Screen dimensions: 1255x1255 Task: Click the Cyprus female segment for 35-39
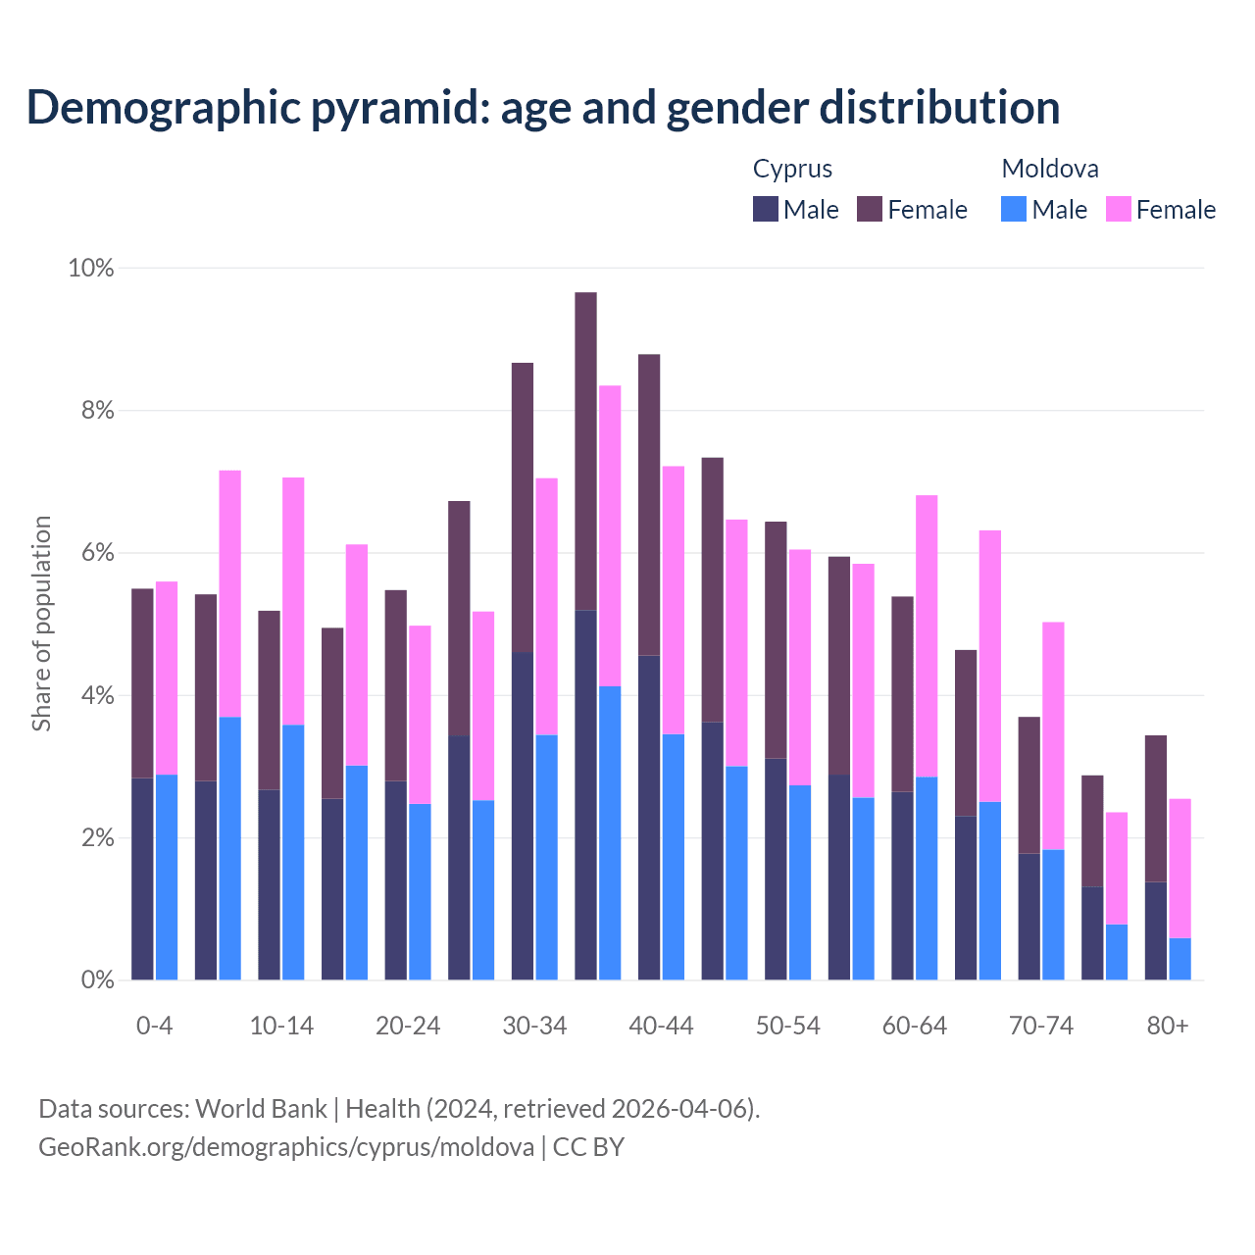585,451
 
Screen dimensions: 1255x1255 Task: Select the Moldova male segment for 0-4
167,878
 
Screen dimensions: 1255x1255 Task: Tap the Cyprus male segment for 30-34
523,816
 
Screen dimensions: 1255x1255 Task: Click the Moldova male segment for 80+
1180,959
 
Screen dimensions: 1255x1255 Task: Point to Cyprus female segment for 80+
1156,809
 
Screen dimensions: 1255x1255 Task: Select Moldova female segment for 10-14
293,601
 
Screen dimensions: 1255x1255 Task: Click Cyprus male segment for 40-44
649,818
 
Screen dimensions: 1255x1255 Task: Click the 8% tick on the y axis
91,411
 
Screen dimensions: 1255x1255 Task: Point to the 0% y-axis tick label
91,980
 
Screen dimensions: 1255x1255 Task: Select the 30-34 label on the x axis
534,1026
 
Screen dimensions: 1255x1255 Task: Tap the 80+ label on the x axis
1168,1026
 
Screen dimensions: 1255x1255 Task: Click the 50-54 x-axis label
788,1026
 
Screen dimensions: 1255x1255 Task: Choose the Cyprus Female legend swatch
870,209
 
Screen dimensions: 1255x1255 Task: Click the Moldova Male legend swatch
1014,209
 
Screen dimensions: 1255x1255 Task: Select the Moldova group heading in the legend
1050,169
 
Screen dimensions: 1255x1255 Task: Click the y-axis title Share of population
41,624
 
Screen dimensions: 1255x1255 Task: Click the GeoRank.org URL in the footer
286,1146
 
